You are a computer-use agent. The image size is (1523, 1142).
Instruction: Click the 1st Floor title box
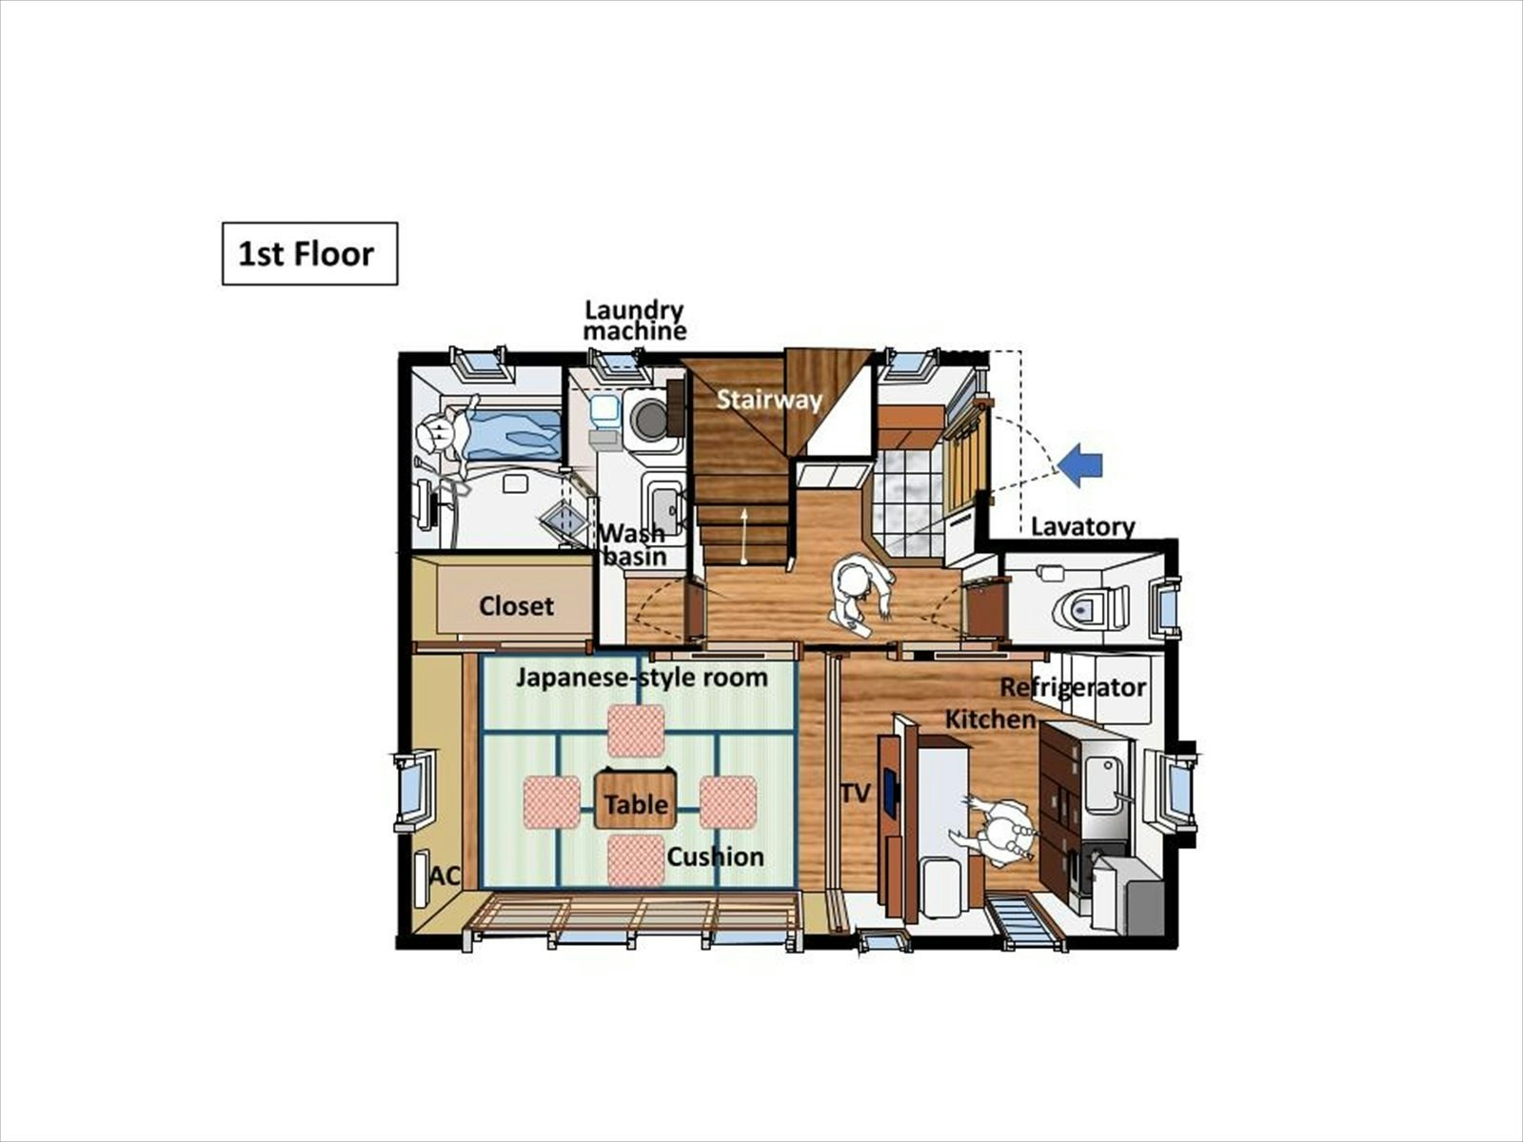pyautogui.click(x=309, y=254)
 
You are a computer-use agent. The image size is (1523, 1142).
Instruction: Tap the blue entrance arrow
pyautogui.click(x=1080, y=464)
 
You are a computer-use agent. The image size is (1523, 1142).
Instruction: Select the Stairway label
pyautogui.click(x=769, y=400)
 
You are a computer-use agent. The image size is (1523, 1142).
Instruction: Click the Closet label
pyautogui.click(x=516, y=606)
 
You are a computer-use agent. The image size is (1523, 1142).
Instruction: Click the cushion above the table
pyautogui.click(x=636, y=731)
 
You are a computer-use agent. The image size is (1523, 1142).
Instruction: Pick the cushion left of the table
pyautogui.click(x=551, y=802)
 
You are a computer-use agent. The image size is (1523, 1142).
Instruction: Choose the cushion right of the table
pyautogui.click(x=727, y=802)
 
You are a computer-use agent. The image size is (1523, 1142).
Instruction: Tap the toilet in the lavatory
pyautogui.click(x=1090, y=608)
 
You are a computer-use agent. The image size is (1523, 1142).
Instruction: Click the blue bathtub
pyautogui.click(x=513, y=435)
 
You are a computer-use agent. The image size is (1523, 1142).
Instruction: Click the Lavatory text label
pyautogui.click(x=1082, y=527)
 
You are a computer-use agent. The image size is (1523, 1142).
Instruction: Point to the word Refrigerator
pyautogui.click(x=1073, y=688)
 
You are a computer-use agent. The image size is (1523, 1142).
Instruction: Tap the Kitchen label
pyautogui.click(x=990, y=719)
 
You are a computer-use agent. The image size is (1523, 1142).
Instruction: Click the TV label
pyautogui.click(x=856, y=794)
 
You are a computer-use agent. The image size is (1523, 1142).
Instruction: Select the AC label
pyautogui.click(x=445, y=876)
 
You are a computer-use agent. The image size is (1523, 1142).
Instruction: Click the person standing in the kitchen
pyautogui.click(x=1001, y=834)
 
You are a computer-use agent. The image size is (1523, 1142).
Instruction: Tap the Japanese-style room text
pyautogui.click(x=642, y=678)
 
